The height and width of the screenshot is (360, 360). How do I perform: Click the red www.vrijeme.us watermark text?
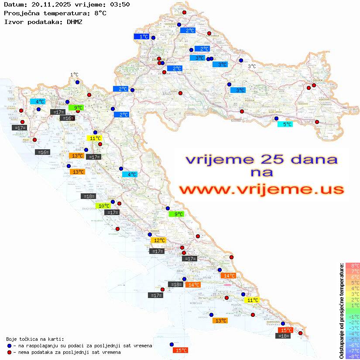261,189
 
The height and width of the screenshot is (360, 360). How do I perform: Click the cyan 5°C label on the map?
285,124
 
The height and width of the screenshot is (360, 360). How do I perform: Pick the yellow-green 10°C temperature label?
104,206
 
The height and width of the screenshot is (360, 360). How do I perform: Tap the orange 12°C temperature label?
158,240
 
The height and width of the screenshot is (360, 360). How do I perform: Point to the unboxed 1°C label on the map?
74,75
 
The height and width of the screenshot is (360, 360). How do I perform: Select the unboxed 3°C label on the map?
252,66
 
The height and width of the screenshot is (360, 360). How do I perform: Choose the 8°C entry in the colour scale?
353,265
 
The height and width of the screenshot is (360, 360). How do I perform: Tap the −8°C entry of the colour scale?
353,356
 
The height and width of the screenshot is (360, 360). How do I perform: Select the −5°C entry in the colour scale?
353,339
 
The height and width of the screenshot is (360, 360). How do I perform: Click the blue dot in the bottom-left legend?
9,346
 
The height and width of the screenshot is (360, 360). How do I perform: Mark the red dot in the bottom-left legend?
9,352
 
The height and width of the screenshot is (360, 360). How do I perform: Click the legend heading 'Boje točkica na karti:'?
35,339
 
